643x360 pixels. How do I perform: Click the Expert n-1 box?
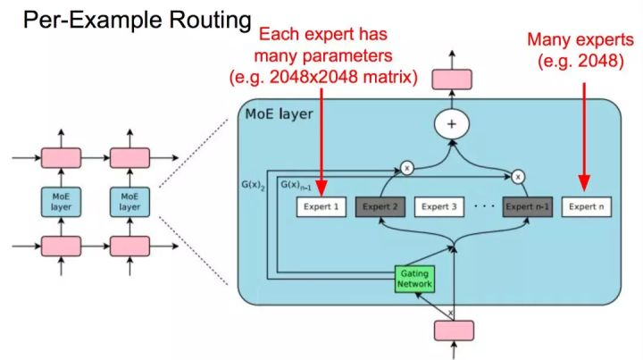[x=528, y=207]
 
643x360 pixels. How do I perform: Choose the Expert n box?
[x=587, y=207]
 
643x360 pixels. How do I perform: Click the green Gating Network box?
[x=414, y=279]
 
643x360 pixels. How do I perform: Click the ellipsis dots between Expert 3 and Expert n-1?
[x=483, y=207]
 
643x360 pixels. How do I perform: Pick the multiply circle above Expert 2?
[x=406, y=167]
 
